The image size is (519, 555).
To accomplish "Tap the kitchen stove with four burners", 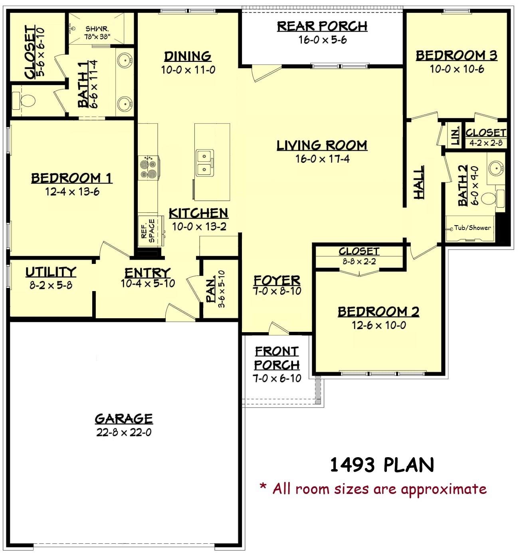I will click(x=149, y=168).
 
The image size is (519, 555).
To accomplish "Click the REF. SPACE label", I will click(x=148, y=231).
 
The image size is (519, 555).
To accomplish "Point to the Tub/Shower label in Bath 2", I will click(x=472, y=228).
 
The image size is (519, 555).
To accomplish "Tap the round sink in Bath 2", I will click(x=495, y=168).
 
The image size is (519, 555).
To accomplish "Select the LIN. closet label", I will click(x=456, y=136).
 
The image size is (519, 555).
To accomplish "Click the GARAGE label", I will click(x=124, y=418).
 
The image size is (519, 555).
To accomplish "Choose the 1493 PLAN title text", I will click(x=382, y=465).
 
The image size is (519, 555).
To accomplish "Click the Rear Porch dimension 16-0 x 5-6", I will click(x=323, y=40).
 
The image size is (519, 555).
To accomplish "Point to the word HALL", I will click(x=419, y=182).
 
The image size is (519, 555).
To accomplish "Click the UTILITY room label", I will click(x=51, y=272).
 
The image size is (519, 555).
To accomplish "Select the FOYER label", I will click(x=277, y=280).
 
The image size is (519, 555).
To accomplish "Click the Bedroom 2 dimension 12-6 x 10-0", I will click(x=378, y=325).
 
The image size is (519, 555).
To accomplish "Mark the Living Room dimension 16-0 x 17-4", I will click(x=323, y=159).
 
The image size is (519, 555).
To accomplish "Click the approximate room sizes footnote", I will click(x=373, y=488).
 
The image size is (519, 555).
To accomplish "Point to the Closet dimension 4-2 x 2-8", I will click(x=485, y=143).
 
